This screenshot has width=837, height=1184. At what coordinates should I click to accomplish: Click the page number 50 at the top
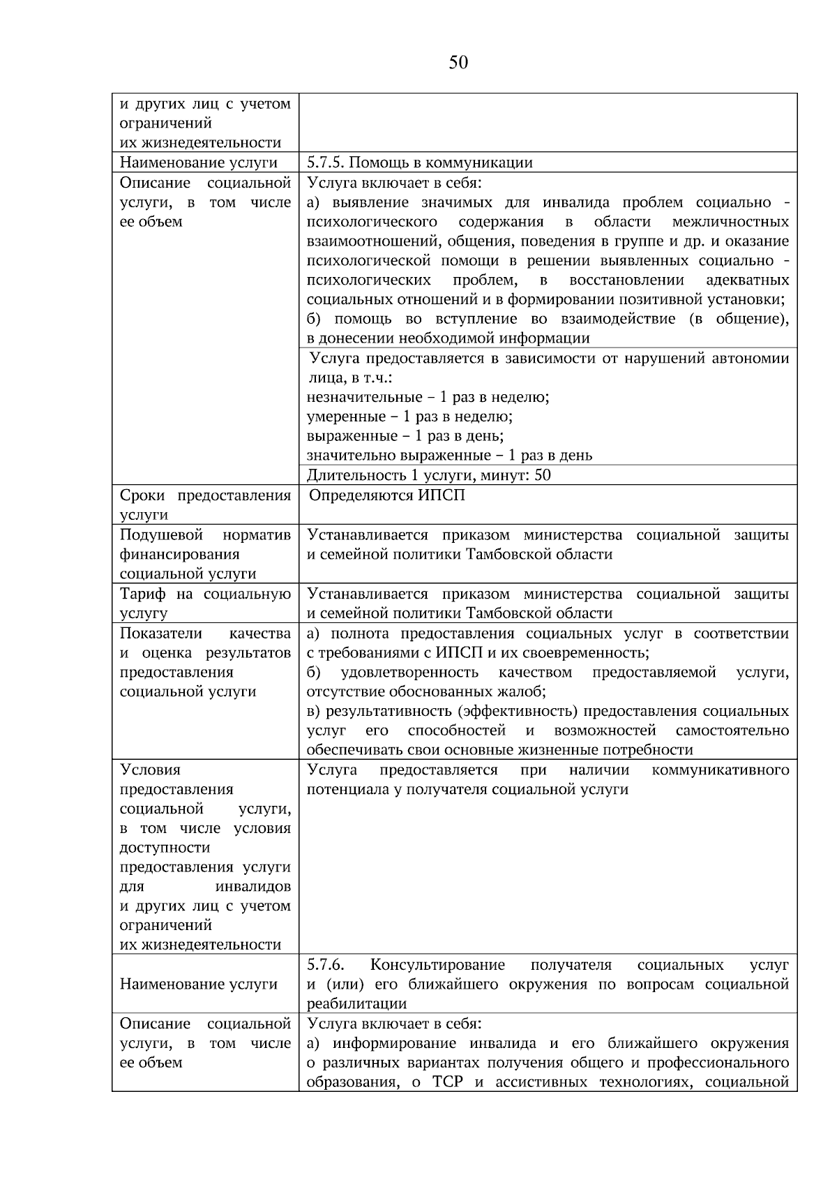458,63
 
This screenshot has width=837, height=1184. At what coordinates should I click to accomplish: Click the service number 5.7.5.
325,163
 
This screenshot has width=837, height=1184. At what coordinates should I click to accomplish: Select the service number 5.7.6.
325,965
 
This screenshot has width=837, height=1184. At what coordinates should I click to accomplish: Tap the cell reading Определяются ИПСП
386,495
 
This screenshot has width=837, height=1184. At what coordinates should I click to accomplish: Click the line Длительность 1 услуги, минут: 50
428,475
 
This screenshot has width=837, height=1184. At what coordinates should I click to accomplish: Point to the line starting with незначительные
428,397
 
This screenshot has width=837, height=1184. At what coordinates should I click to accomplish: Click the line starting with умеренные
409,417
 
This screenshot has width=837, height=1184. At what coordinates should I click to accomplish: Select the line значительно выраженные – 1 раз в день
449,456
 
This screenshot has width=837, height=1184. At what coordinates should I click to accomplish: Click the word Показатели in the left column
161,634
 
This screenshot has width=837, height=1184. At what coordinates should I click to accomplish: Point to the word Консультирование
437,965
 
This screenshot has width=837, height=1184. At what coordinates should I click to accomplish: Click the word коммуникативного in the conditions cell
720,770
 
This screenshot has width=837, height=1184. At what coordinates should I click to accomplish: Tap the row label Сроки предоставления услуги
204,505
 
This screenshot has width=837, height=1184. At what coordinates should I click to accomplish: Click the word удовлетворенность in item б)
409,673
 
